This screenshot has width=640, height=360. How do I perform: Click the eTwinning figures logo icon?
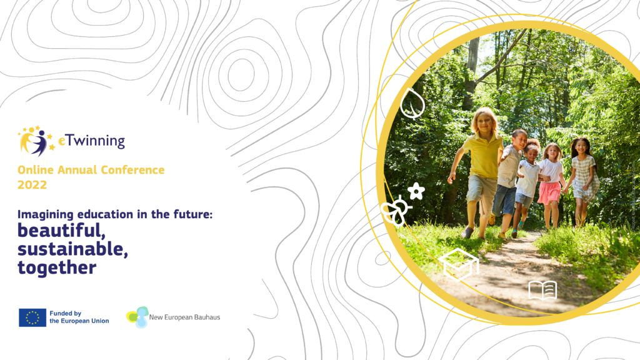click(36, 141)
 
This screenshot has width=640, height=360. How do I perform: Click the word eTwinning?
click(91, 141)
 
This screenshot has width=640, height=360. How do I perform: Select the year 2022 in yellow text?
click(32, 185)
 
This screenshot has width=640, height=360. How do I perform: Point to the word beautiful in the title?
click(61, 231)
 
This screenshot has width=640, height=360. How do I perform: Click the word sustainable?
click(72, 249)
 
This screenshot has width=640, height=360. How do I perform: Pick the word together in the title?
click(57, 268)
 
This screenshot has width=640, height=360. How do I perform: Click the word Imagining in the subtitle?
click(46, 215)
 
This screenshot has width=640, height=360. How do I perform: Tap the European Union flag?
click(32, 317)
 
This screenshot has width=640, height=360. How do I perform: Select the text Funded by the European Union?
click(79, 317)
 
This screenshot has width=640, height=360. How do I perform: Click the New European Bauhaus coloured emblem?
click(137, 317)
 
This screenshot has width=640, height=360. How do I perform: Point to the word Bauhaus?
click(206, 317)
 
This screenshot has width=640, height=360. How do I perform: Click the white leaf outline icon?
click(412, 103)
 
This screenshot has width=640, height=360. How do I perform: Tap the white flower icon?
click(416, 191)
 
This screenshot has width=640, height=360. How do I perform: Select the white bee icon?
click(395, 211)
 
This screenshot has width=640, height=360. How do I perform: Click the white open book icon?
click(542, 290)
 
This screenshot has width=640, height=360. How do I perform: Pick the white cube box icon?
click(459, 264)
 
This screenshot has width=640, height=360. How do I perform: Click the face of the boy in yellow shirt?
click(484, 122)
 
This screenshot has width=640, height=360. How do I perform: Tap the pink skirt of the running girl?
click(549, 192)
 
